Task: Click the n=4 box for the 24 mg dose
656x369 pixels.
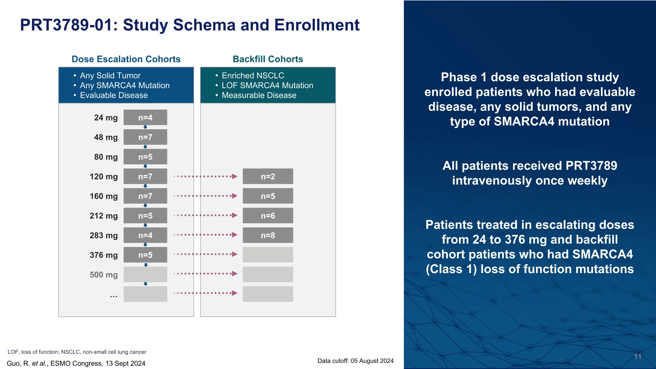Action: (145, 117)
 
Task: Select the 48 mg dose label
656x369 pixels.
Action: (106, 137)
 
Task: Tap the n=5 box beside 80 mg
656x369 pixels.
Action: (145, 157)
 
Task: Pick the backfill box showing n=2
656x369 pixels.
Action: (268, 177)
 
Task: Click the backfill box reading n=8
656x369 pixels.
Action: (268, 235)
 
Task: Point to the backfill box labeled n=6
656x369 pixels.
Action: (268, 216)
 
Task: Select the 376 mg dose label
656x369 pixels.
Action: (103, 255)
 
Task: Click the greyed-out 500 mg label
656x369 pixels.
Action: (103, 275)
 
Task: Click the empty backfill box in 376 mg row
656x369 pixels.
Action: (268, 255)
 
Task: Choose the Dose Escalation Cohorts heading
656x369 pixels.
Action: (126, 59)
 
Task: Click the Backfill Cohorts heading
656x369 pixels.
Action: (268, 59)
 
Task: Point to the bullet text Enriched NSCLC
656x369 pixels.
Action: (253, 76)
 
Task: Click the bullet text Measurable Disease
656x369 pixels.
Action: (259, 95)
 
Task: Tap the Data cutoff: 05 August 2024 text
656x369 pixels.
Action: (355, 361)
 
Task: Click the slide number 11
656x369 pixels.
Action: (637, 357)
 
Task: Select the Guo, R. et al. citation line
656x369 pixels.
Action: (76, 363)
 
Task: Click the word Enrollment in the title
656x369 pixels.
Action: (317, 25)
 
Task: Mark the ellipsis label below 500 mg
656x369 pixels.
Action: (113, 296)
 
